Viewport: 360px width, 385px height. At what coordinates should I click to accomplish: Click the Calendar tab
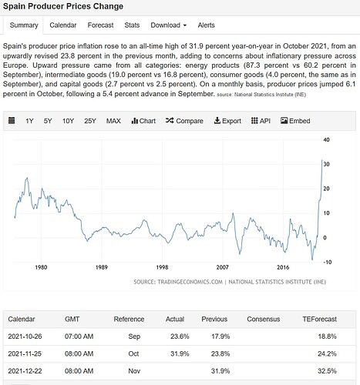tap(63, 25)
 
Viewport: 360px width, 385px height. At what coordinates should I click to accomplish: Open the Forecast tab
tap(100, 25)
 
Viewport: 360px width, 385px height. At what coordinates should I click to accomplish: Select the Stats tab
tap(132, 25)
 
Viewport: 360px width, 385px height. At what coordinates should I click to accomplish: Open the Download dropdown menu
tap(169, 25)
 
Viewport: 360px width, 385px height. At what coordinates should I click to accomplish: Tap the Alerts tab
tap(206, 25)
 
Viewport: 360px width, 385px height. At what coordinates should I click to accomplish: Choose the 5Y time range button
tap(48, 121)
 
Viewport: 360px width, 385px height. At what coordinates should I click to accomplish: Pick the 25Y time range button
tap(90, 121)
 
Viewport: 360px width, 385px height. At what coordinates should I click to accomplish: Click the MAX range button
tap(113, 121)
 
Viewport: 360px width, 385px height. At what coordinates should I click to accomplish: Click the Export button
tap(227, 121)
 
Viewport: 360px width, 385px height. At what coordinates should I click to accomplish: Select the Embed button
tap(295, 121)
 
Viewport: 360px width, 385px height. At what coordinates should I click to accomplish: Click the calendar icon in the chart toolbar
tap(12, 120)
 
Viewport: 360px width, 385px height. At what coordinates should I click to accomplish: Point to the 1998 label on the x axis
tap(162, 267)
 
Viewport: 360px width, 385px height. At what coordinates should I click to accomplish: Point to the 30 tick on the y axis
tap(326, 164)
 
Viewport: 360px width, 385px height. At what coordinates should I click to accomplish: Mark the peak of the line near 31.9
tap(322, 159)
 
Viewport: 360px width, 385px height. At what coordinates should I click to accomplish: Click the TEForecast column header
tap(319, 319)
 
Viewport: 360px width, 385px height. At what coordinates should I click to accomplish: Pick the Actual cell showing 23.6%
tap(180, 336)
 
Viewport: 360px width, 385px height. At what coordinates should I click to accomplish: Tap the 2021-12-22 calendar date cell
tap(25, 371)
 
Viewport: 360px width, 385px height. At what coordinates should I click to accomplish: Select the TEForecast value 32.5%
tap(327, 371)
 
